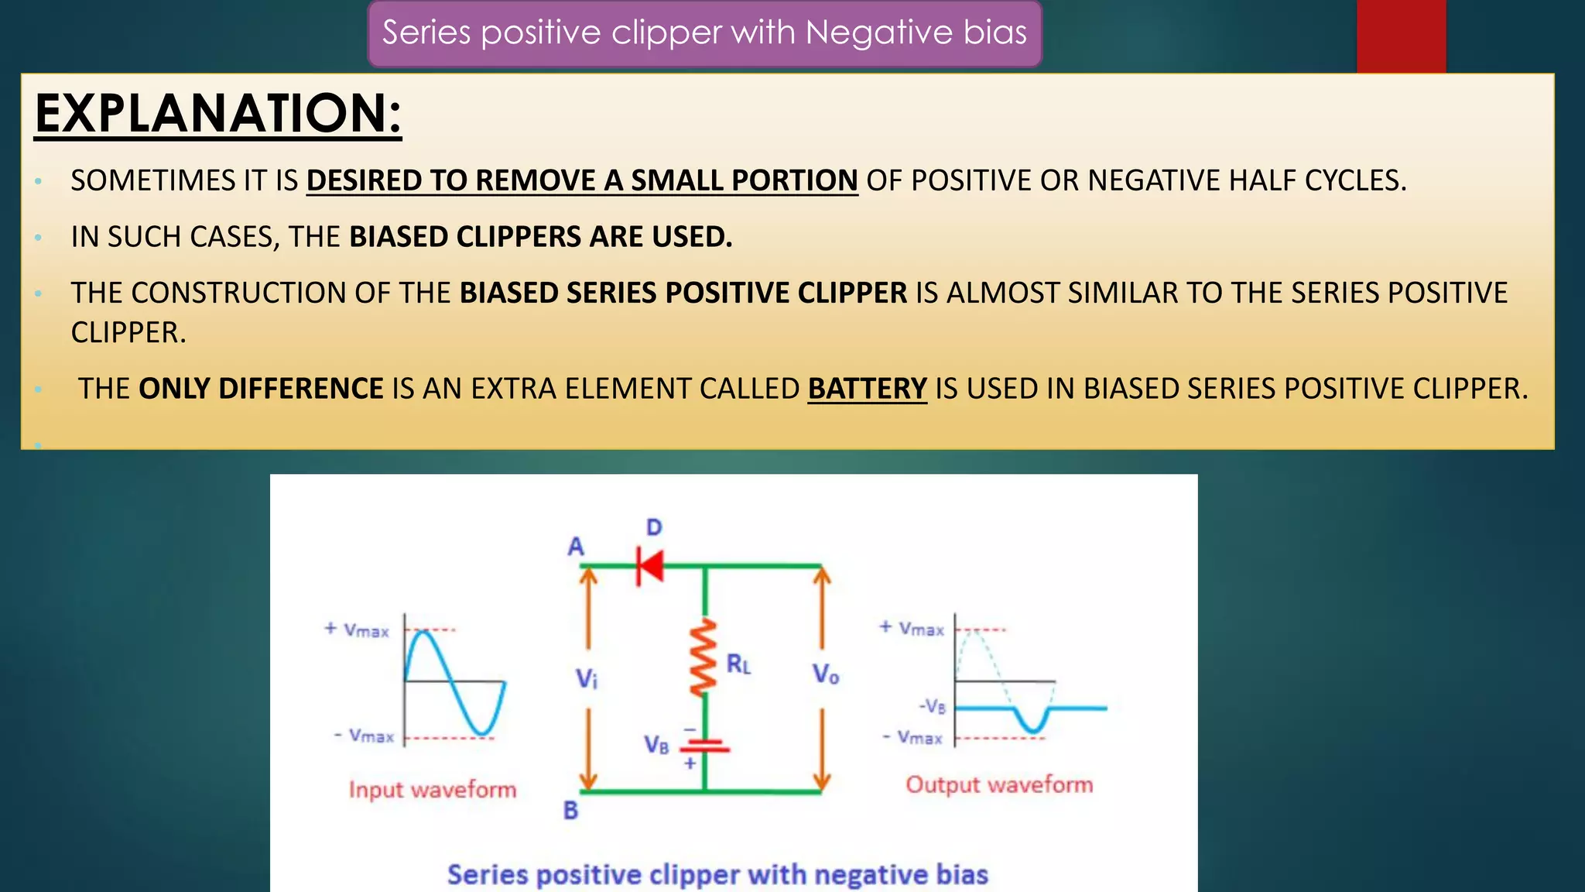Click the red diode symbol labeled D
pos(650,564)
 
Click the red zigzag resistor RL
pos(703,658)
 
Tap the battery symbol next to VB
pos(704,746)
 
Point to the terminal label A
pos(576,547)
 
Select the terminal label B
pos(570,810)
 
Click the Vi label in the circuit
pos(587,679)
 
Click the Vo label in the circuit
pos(825,674)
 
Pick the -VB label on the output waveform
pos(933,706)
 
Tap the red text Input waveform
pos(432,789)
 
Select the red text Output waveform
pos(999,784)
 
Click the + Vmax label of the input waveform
pos(357,630)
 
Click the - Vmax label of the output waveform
pos(913,737)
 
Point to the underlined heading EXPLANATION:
pos(217,114)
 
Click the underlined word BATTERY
pos(867,388)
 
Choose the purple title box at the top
pos(704,33)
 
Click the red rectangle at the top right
pos(1401,36)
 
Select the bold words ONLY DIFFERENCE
pos(261,388)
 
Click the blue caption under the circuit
pos(717,874)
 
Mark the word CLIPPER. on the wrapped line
pos(128,332)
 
